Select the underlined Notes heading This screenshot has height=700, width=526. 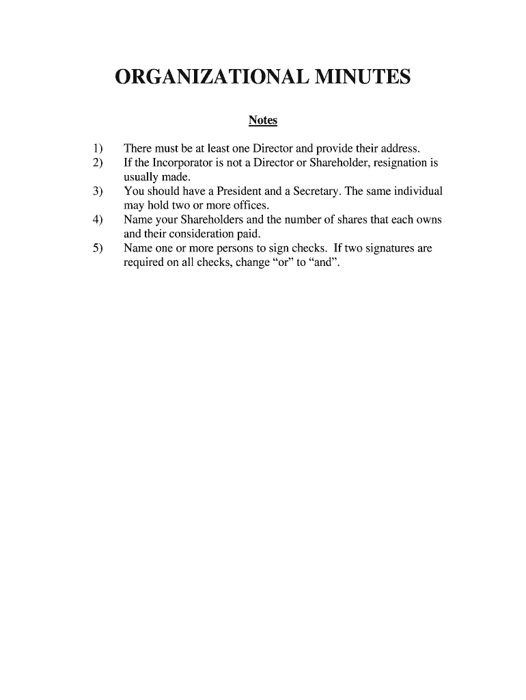(x=263, y=120)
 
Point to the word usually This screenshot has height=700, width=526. (x=141, y=177)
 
